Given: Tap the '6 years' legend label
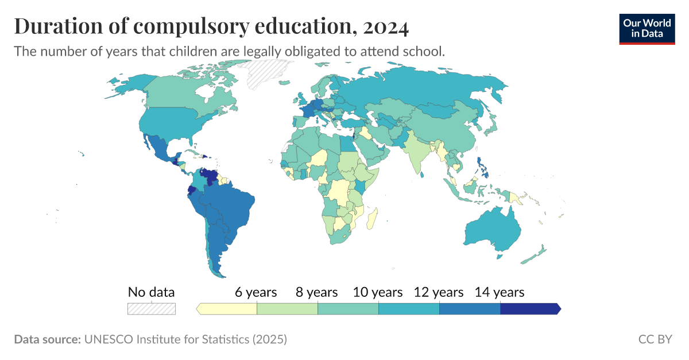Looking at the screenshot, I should (256, 292).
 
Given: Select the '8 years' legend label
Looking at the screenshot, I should (316, 292).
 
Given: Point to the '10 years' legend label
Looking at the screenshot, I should (378, 292).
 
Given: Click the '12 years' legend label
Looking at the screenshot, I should (439, 292).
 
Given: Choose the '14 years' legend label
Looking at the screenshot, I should (500, 292).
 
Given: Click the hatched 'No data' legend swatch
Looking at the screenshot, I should (151, 309).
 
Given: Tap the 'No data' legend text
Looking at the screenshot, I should (151, 292).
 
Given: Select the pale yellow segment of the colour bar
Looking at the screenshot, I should (227, 309).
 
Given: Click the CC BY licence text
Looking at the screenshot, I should (655, 339).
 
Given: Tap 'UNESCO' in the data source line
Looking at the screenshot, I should (109, 339).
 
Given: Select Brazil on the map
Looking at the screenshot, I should (230, 207).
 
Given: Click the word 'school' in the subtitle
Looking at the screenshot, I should (424, 51).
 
